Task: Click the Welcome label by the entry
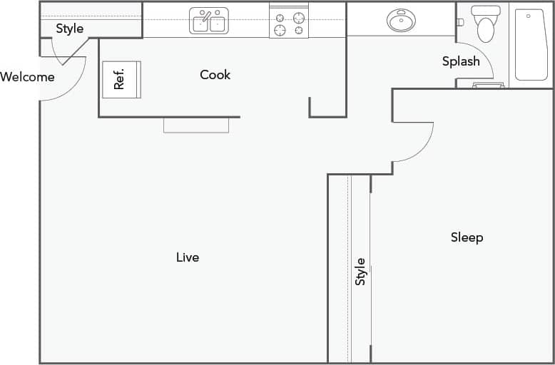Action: click(x=27, y=77)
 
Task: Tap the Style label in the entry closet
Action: click(x=70, y=29)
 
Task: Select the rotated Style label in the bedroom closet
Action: click(x=360, y=272)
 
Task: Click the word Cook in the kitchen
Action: click(x=215, y=75)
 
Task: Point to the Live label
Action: click(x=188, y=257)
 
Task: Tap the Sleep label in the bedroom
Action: click(x=467, y=237)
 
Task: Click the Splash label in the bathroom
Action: click(x=461, y=61)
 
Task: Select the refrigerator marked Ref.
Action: click(x=121, y=79)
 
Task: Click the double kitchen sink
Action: click(x=209, y=21)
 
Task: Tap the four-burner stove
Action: click(x=288, y=23)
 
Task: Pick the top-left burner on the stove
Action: click(x=280, y=17)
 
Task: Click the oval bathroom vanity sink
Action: click(x=402, y=21)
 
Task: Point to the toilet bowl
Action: click(x=486, y=30)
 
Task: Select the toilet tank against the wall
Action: click(x=487, y=11)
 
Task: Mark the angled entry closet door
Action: click(x=75, y=51)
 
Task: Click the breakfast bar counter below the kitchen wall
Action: click(x=196, y=125)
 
